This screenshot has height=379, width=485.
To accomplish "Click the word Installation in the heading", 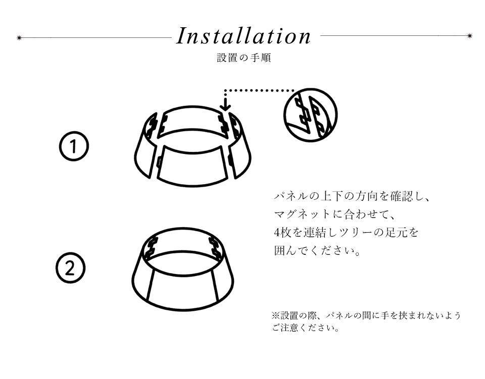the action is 244,36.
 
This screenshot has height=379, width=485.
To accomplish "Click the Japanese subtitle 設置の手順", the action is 244,58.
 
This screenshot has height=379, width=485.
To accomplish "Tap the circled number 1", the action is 74,146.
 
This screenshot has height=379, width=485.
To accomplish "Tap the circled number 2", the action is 71,267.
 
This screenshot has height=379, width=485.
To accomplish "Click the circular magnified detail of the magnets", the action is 311,115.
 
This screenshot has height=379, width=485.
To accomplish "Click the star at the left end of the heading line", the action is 19,38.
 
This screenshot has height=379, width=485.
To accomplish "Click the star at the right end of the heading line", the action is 470,35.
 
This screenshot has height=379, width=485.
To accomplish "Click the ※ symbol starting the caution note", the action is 276,316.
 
